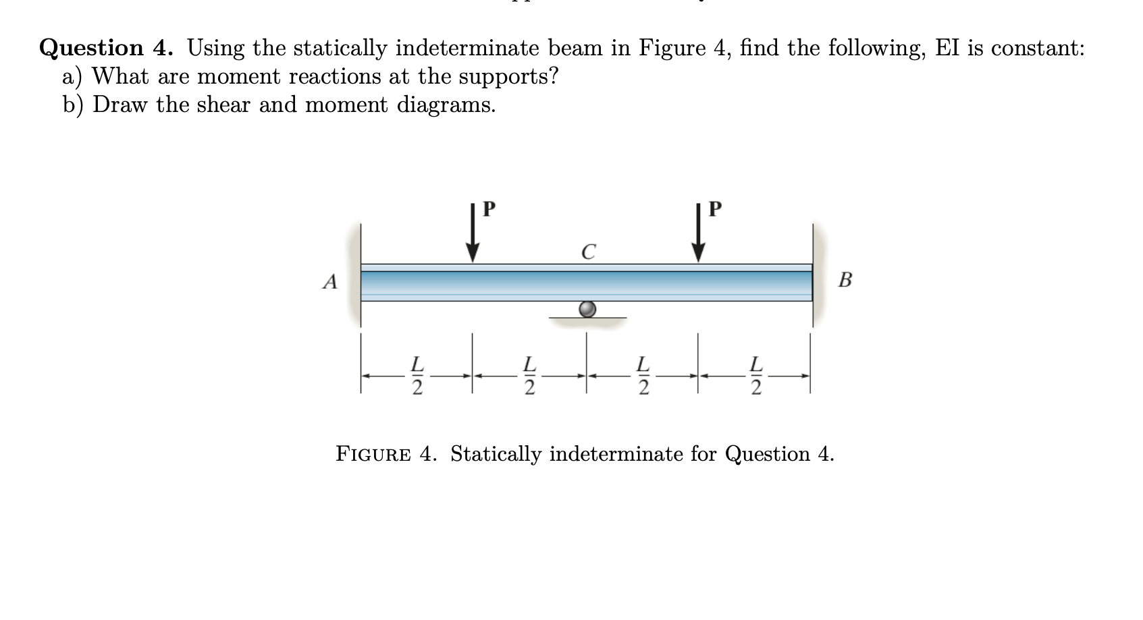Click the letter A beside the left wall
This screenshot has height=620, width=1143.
pos(329,281)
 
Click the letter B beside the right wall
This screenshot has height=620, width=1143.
pos(845,279)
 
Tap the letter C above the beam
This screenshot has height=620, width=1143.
pos(589,252)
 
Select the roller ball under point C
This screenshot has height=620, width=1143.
pos(588,309)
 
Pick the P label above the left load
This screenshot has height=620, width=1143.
pos(489,208)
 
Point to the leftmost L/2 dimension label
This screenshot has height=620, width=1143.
pos(418,375)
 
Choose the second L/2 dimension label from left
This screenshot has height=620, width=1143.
pos(531,375)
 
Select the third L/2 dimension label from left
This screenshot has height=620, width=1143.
pos(644,375)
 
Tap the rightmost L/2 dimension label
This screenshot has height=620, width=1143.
pos(756,375)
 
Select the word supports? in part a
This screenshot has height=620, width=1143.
pos(508,77)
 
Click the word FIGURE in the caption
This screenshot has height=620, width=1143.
pos(373,455)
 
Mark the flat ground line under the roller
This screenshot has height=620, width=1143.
pos(588,318)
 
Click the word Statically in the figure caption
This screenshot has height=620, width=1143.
pos(496,455)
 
